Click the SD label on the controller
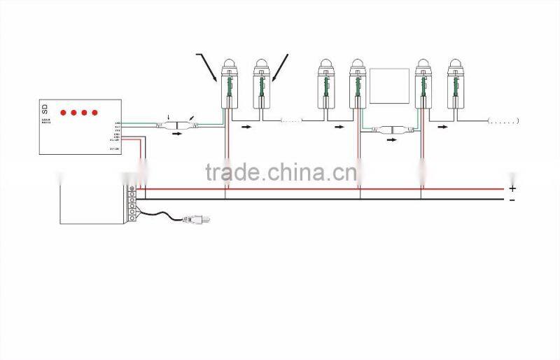coord(45,109)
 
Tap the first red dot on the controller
coord(62,112)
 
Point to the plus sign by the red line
coord(512,188)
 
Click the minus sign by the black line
coord(512,200)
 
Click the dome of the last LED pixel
coord(455,65)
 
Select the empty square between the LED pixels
coord(389,86)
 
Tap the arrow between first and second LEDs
coord(246,127)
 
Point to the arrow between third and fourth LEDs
coord(340,127)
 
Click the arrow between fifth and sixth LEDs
coord(442,127)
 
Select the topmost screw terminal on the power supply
coord(132,189)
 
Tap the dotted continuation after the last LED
coord(503,121)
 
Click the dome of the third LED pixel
coord(325,65)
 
